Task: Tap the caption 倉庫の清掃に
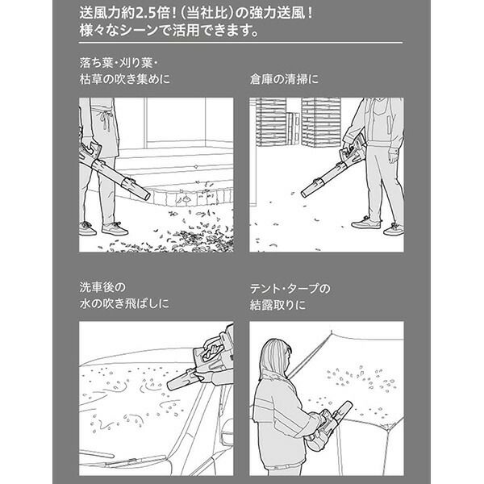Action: click(x=284, y=79)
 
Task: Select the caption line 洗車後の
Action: click(x=102, y=287)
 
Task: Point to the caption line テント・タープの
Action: click(x=290, y=289)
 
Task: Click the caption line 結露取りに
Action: click(x=277, y=305)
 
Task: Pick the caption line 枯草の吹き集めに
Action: click(x=125, y=79)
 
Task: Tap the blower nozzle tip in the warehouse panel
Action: click(x=304, y=194)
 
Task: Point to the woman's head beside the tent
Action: click(x=276, y=354)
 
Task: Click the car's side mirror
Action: click(x=227, y=432)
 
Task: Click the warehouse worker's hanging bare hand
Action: click(x=393, y=156)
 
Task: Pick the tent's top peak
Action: click(x=332, y=332)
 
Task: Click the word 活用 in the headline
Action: click(x=186, y=31)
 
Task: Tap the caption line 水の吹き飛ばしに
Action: click(x=124, y=304)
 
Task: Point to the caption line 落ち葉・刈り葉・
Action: click(x=119, y=63)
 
